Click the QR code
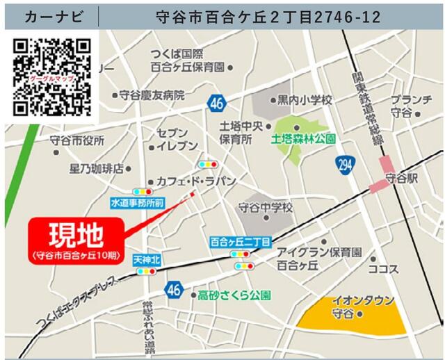(x=52, y=76)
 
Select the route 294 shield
(x=343, y=165)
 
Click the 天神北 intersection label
(x=147, y=260)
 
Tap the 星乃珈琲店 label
(x=96, y=168)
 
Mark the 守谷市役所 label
(x=77, y=141)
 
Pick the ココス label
(x=382, y=269)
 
